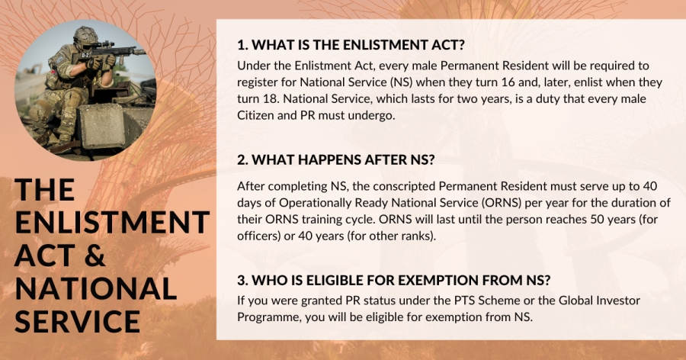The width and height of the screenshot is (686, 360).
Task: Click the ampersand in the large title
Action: [95, 256]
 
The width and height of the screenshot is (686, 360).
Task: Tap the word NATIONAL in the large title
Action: [96, 288]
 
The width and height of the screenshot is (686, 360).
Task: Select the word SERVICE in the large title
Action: [78, 321]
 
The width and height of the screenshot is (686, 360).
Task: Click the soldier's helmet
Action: [85, 36]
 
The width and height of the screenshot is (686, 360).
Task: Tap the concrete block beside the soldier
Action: [101, 126]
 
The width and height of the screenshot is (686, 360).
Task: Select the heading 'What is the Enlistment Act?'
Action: [351, 45]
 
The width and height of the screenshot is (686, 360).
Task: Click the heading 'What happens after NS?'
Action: [336, 160]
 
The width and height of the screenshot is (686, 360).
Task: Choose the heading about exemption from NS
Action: [394, 280]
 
